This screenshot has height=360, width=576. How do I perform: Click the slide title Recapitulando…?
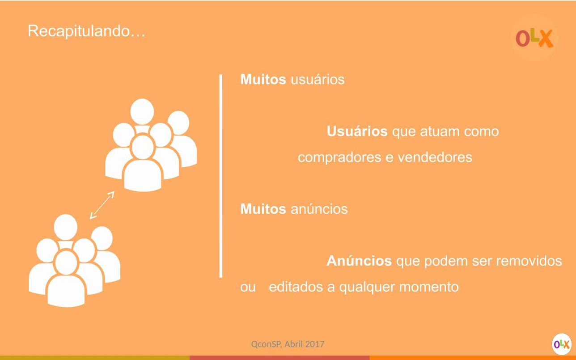tap(86, 31)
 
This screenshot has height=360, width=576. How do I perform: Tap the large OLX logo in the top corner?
tap(534, 38)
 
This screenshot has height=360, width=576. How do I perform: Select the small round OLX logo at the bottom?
tap(561, 344)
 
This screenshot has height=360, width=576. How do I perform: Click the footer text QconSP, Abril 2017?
tap(288, 344)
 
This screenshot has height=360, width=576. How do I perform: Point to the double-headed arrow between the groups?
tap(102, 205)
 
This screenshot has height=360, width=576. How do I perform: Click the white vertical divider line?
tap(220, 176)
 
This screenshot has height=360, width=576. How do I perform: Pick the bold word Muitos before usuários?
tap(263, 79)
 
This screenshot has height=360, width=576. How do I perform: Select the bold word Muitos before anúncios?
tap(263, 208)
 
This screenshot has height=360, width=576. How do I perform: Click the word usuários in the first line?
tap(318, 79)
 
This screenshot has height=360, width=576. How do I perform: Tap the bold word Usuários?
tap(357, 131)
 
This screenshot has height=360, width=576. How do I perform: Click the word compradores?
tap(339, 157)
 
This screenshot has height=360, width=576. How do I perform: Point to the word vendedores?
tap(435, 157)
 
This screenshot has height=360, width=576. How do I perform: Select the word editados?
tap(296, 287)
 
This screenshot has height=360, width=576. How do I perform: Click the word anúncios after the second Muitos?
tap(319, 208)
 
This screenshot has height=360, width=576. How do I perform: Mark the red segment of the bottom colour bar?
tap(280, 358)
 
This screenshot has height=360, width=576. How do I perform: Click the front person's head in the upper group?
tap(143, 147)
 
